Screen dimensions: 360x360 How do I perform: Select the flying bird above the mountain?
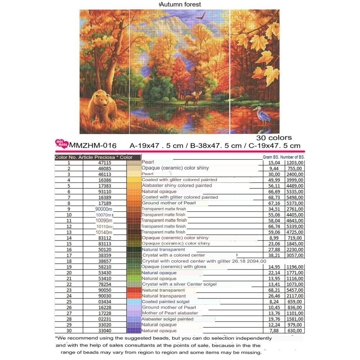click(x=201, y=16)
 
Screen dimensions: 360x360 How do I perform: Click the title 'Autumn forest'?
click(x=180, y=5)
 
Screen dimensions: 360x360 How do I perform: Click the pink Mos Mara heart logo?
click(x=62, y=144)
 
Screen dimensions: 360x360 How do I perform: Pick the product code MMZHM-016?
click(x=93, y=146)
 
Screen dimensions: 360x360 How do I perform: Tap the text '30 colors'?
click(x=274, y=138)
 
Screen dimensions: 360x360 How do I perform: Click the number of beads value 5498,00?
click(x=295, y=197)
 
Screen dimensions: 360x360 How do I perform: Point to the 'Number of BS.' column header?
click(x=292, y=157)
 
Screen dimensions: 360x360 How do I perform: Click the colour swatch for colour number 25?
click(x=134, y=302)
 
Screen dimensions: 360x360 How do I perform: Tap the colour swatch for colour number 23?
click(x=134, y=290)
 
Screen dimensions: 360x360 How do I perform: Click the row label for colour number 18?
click(x=68, y=261)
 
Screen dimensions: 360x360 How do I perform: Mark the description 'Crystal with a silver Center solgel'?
click(x=179, y=284)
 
